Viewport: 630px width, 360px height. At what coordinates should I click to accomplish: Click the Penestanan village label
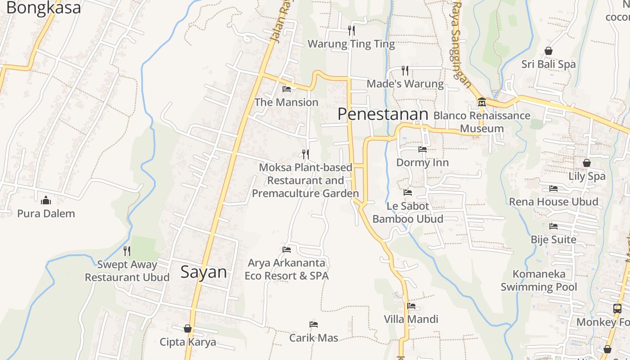tap(382, 114)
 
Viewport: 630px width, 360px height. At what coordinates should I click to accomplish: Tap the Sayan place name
tap(203, 272)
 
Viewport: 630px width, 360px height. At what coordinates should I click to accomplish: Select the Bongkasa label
tap(44, 8)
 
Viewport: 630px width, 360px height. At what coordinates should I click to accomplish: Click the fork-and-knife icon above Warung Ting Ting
tap(351, 31)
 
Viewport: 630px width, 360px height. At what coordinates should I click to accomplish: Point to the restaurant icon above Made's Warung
tap(405, 70)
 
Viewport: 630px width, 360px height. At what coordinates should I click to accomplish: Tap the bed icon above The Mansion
tap(286, 89)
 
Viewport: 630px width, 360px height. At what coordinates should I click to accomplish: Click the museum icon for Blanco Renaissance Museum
tap(481, 102)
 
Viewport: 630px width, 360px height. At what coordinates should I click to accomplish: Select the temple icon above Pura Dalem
tap(46, 200)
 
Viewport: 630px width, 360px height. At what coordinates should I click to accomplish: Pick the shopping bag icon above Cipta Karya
tap(188, 329)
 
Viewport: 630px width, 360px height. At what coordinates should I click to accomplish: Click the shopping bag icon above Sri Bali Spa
tap(549, 51)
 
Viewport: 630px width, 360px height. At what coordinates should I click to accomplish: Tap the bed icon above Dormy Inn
tap(422, 149)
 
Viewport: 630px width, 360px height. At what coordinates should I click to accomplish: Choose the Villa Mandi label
tap(411, 319)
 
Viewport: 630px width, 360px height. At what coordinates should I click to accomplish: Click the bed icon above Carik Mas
tap(314, 324)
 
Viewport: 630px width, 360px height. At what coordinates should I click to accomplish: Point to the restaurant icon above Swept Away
tap(127, 251)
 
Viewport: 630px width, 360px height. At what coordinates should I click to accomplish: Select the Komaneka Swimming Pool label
tap(539, 280)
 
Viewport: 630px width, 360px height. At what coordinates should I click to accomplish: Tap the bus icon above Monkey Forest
tap(617, 309)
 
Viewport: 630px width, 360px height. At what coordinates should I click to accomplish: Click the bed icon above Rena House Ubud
tap(553, 188)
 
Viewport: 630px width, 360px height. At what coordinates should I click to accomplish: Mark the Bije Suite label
tap(553, 239)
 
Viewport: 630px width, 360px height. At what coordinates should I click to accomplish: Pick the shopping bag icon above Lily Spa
tap(587, 163)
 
